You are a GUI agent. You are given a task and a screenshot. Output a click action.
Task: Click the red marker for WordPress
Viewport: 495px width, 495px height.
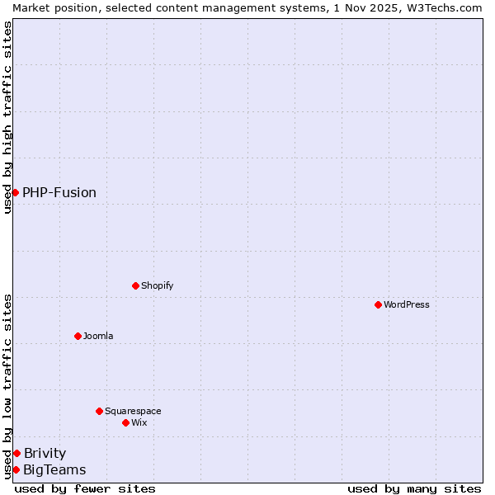[378, 304]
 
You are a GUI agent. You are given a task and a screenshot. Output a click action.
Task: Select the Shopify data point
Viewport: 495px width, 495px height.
[135, 285]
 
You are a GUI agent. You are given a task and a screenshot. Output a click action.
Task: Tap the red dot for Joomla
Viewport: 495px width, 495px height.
[78, 336]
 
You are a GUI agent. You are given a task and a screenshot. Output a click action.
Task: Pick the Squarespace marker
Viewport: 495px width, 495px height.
[99, 411]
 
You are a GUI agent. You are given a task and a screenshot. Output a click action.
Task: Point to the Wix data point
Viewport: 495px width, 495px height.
[125, 422]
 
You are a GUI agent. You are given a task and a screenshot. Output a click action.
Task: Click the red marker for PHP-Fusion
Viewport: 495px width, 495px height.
[15, 192]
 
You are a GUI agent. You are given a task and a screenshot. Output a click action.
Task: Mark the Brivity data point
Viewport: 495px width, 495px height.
[16, 453]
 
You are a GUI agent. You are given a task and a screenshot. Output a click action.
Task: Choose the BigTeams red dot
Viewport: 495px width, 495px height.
[16, 469]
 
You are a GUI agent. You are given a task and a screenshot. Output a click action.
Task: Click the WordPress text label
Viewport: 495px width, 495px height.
[407, 304]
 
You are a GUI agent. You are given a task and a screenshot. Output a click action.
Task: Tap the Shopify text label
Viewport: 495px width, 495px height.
[157, 285]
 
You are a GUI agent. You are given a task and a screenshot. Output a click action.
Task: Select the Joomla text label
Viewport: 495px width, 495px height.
[98, 336]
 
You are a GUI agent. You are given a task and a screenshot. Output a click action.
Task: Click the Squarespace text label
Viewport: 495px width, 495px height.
[133, 411]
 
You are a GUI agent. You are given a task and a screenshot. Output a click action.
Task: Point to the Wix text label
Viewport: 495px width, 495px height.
[139, 422]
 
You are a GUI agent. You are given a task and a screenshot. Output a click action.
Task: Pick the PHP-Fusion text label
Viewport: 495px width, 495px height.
[59, 192]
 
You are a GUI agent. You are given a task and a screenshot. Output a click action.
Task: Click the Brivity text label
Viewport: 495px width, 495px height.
[45, 453]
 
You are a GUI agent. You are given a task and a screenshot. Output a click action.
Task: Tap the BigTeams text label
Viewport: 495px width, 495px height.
[54, 469]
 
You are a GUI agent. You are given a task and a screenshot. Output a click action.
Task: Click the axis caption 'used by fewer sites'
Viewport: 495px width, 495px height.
[85, 488]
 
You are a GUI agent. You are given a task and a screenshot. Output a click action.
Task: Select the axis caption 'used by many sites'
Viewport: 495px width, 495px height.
[414, 488]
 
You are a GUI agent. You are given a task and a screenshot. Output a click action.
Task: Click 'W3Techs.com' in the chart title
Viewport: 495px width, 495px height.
[450, 7]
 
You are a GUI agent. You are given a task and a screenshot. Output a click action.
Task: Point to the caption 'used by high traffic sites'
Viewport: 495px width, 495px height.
[7, 117]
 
